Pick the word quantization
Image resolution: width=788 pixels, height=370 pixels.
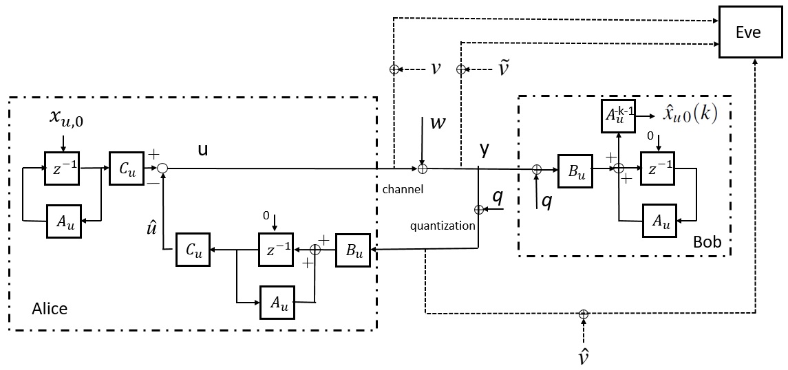[443, 226]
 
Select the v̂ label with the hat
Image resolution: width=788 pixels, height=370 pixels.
[583, 357]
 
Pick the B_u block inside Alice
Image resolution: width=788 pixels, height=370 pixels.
[353, 249]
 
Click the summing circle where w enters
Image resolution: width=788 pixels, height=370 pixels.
[423, 169]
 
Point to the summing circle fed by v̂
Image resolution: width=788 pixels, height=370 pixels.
[583, 314]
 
